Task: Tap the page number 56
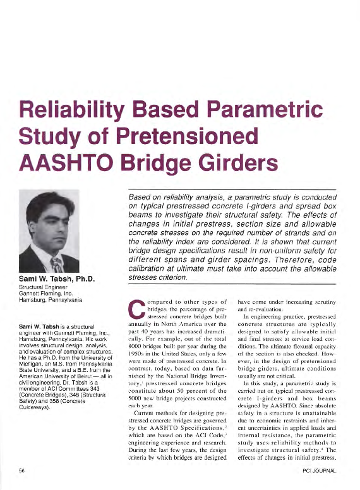[22, 472]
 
